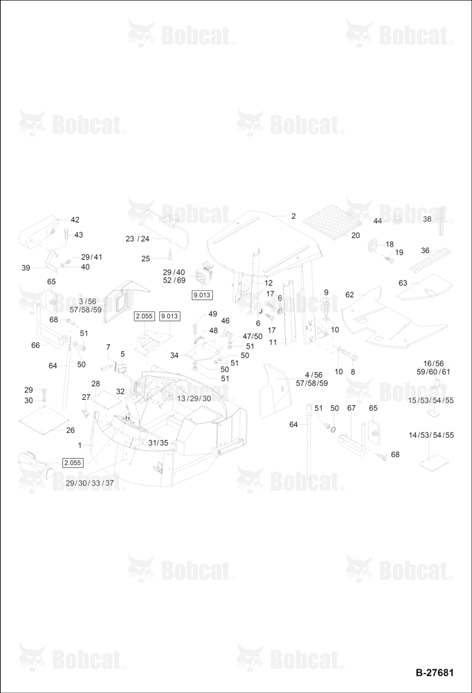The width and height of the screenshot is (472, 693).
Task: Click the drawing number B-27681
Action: (435, 672)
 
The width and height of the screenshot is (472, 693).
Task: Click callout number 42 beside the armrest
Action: (75, 220)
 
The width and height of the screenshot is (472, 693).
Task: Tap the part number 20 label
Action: (356, 236)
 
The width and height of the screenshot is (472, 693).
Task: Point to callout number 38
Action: (428, 219)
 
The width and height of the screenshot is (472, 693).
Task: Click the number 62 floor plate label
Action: (350, 295)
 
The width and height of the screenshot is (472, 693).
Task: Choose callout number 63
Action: (403, 283)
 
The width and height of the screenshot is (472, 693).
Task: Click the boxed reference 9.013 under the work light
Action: (202, 295)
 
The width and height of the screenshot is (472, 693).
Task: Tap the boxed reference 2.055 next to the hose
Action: (73, 463)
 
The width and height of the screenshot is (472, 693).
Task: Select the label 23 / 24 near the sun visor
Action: (137, 238)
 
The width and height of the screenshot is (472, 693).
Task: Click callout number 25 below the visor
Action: (146, 258)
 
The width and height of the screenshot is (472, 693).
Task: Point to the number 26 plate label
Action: (70, 430)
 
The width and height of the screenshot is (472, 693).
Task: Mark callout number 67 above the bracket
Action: (351, 408)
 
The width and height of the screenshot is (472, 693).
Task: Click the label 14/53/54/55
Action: (431, 435)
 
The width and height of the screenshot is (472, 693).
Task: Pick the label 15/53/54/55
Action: (431, 401)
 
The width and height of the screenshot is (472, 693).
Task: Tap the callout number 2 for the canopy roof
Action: (293, 216)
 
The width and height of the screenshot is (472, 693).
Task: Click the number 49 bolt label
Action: (212, 314)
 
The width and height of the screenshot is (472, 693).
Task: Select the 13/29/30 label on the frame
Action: (194, 398)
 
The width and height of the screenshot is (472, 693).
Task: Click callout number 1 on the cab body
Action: (80, 445)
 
